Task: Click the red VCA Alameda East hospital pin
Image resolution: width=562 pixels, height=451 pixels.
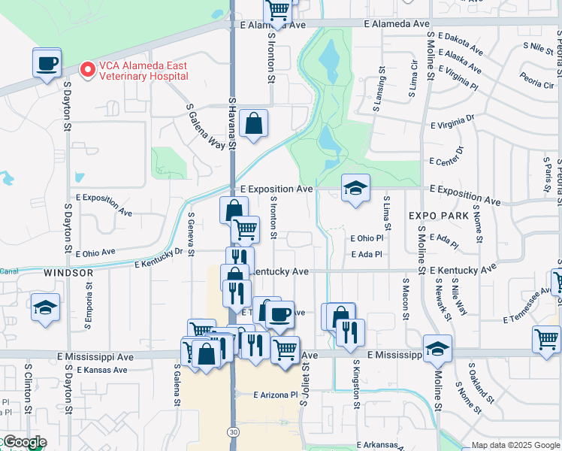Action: pos(87,70)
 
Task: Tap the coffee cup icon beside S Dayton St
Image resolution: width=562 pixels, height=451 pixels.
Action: pos(47,62)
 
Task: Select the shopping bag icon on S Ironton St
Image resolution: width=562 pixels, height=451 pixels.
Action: pos(254,123)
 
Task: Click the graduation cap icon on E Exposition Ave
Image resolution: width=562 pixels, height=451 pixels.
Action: pos(355,188)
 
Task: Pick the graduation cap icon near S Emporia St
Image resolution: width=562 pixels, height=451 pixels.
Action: pos(45,307)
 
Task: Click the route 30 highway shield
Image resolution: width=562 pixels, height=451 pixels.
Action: pos(234,431)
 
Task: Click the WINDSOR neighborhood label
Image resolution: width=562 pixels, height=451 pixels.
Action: pos(68,272)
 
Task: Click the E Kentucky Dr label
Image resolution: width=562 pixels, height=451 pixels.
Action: pos(159,258)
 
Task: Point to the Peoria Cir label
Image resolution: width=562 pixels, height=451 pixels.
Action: pos(536,80)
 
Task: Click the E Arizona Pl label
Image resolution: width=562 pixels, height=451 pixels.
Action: pos(276,395)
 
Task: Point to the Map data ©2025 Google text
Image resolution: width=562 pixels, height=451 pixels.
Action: pos(516,445)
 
